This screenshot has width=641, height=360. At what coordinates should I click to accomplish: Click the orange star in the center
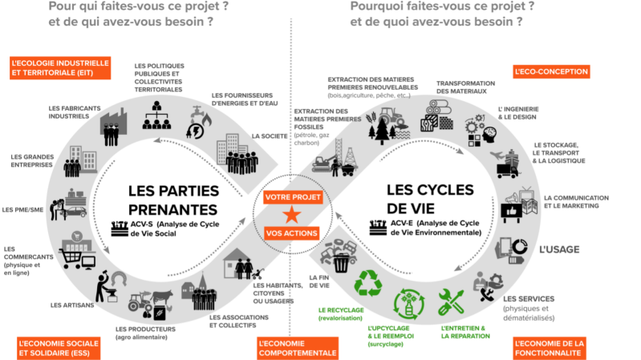tap(290, 214)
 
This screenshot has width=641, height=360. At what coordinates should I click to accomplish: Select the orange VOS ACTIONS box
tap(290, 233)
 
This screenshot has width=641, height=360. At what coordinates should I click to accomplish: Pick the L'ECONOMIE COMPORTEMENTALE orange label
tap(297, 347)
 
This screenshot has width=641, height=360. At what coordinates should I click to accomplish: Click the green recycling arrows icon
tap(369, 283)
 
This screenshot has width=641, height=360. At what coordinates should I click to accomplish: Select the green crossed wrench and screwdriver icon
tap(450, 302)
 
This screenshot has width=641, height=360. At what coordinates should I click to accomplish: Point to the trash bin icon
tap(342, 262)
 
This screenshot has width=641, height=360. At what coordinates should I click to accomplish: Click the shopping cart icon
tap(73, 258)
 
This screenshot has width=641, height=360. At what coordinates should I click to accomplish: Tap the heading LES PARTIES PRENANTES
tap(173, 201)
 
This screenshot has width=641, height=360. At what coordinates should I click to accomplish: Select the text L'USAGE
tap(558, 249)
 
